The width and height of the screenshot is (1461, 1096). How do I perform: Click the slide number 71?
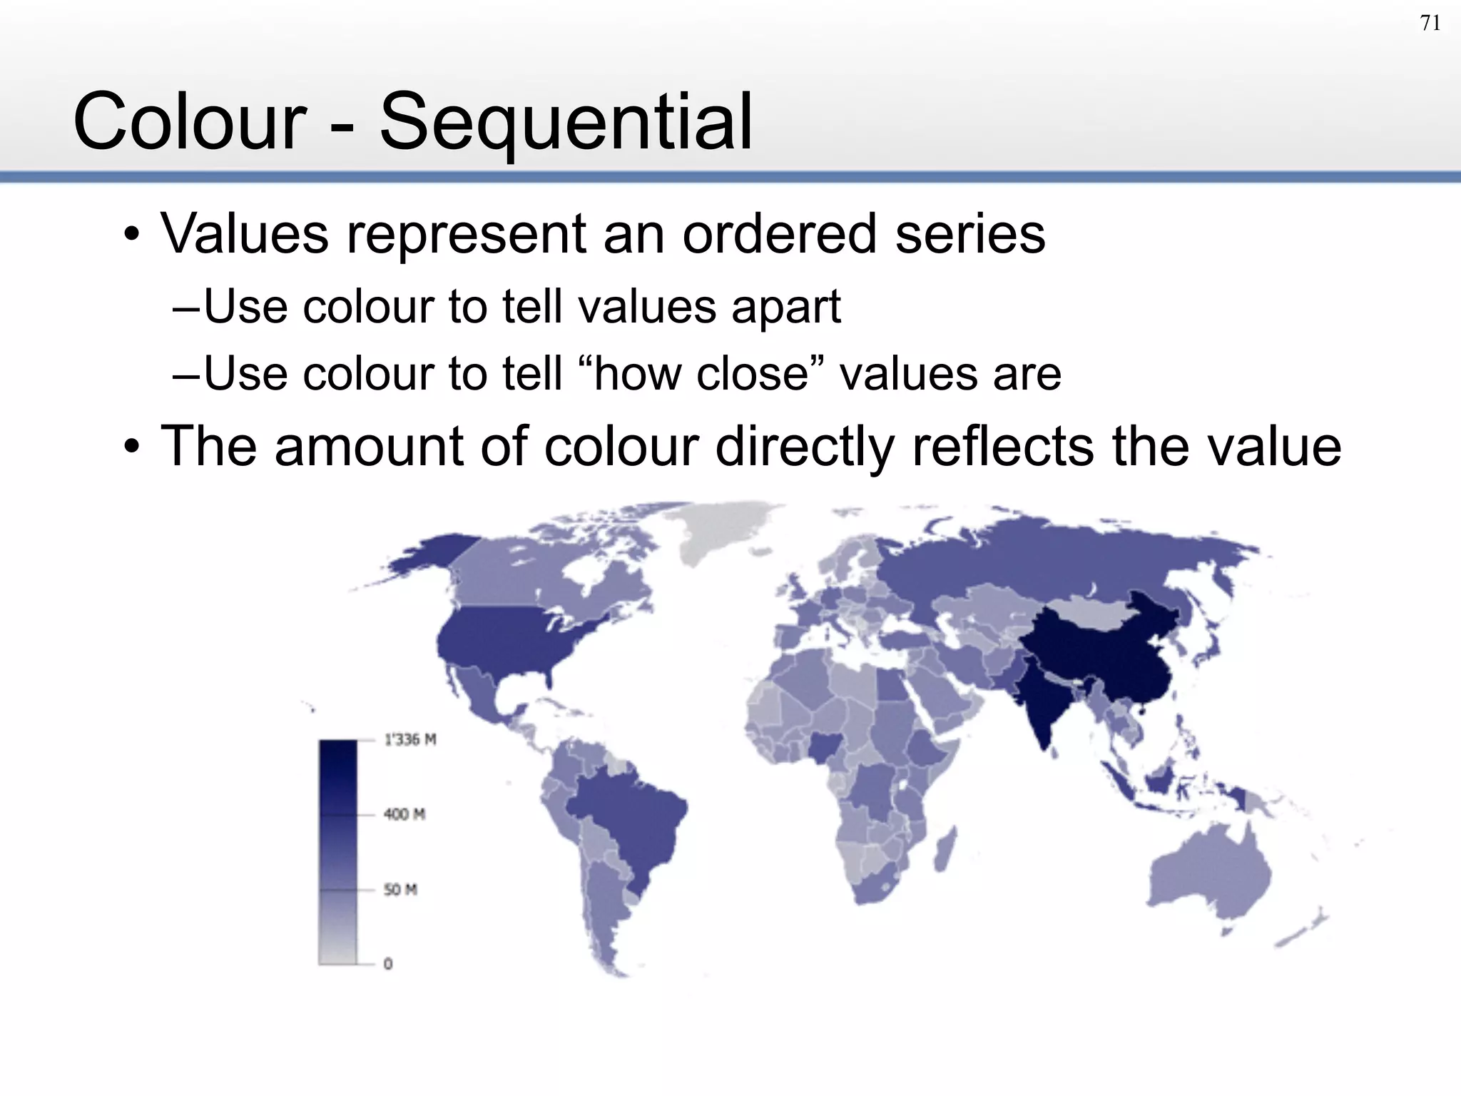(1430, 24)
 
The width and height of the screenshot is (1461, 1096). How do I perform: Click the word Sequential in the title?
(566, 122)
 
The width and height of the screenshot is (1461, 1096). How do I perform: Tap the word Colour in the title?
(190, 122)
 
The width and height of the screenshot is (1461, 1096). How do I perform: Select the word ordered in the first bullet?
(778, 234)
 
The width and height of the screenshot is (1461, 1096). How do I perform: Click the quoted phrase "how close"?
(701, 373)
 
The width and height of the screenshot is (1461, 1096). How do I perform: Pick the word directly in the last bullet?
(803, 447)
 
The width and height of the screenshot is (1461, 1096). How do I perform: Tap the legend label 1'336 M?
(410, 740)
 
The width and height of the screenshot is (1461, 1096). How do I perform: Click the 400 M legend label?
(404, 814)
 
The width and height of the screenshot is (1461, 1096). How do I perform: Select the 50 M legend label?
(400, 890)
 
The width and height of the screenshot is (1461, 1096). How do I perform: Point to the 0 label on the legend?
(388, 964)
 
